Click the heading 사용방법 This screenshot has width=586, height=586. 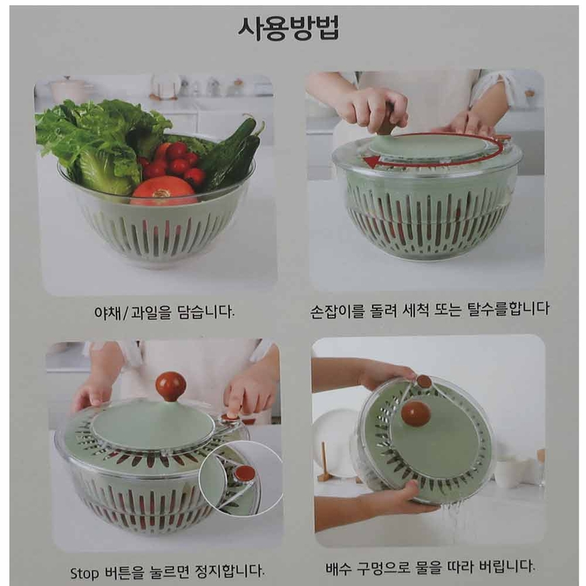click(x=288, y=28)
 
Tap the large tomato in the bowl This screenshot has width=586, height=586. click(x=164, y=191)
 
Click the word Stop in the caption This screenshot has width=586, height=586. click(x=84, y=572)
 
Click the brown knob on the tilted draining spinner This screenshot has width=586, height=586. click(x=416, y=414)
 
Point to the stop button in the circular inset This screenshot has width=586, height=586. click(x=245, y=474)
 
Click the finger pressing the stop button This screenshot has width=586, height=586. click(x=233, y=406)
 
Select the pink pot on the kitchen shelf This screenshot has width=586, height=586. click(x=70, y=91)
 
